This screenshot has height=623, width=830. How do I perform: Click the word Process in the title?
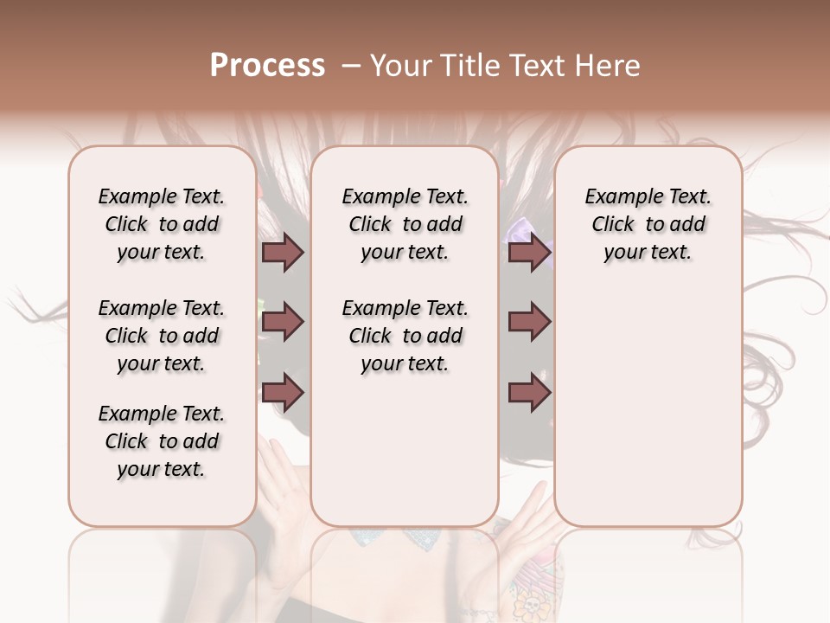point(267,65)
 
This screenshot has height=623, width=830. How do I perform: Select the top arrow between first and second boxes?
point(283,252)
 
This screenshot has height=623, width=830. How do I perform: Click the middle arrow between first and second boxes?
point(283,322)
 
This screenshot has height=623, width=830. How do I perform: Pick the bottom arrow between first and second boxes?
point(283,393)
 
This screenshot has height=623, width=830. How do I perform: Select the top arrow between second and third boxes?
point(529,252)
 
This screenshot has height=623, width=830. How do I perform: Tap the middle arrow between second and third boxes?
point(529,322)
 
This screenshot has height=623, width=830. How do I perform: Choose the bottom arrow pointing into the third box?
point(529,393)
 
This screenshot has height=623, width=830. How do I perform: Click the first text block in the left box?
point(162,224)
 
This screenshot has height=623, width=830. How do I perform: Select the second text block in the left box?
point(162,336)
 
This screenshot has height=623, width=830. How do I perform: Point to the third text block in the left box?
point(162,441)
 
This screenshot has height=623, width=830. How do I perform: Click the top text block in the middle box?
point(405,224)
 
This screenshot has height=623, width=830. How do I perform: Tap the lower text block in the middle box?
point(405,336)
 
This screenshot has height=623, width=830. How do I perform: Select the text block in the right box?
point(648,224)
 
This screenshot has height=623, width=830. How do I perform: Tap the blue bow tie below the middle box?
point(405,538)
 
